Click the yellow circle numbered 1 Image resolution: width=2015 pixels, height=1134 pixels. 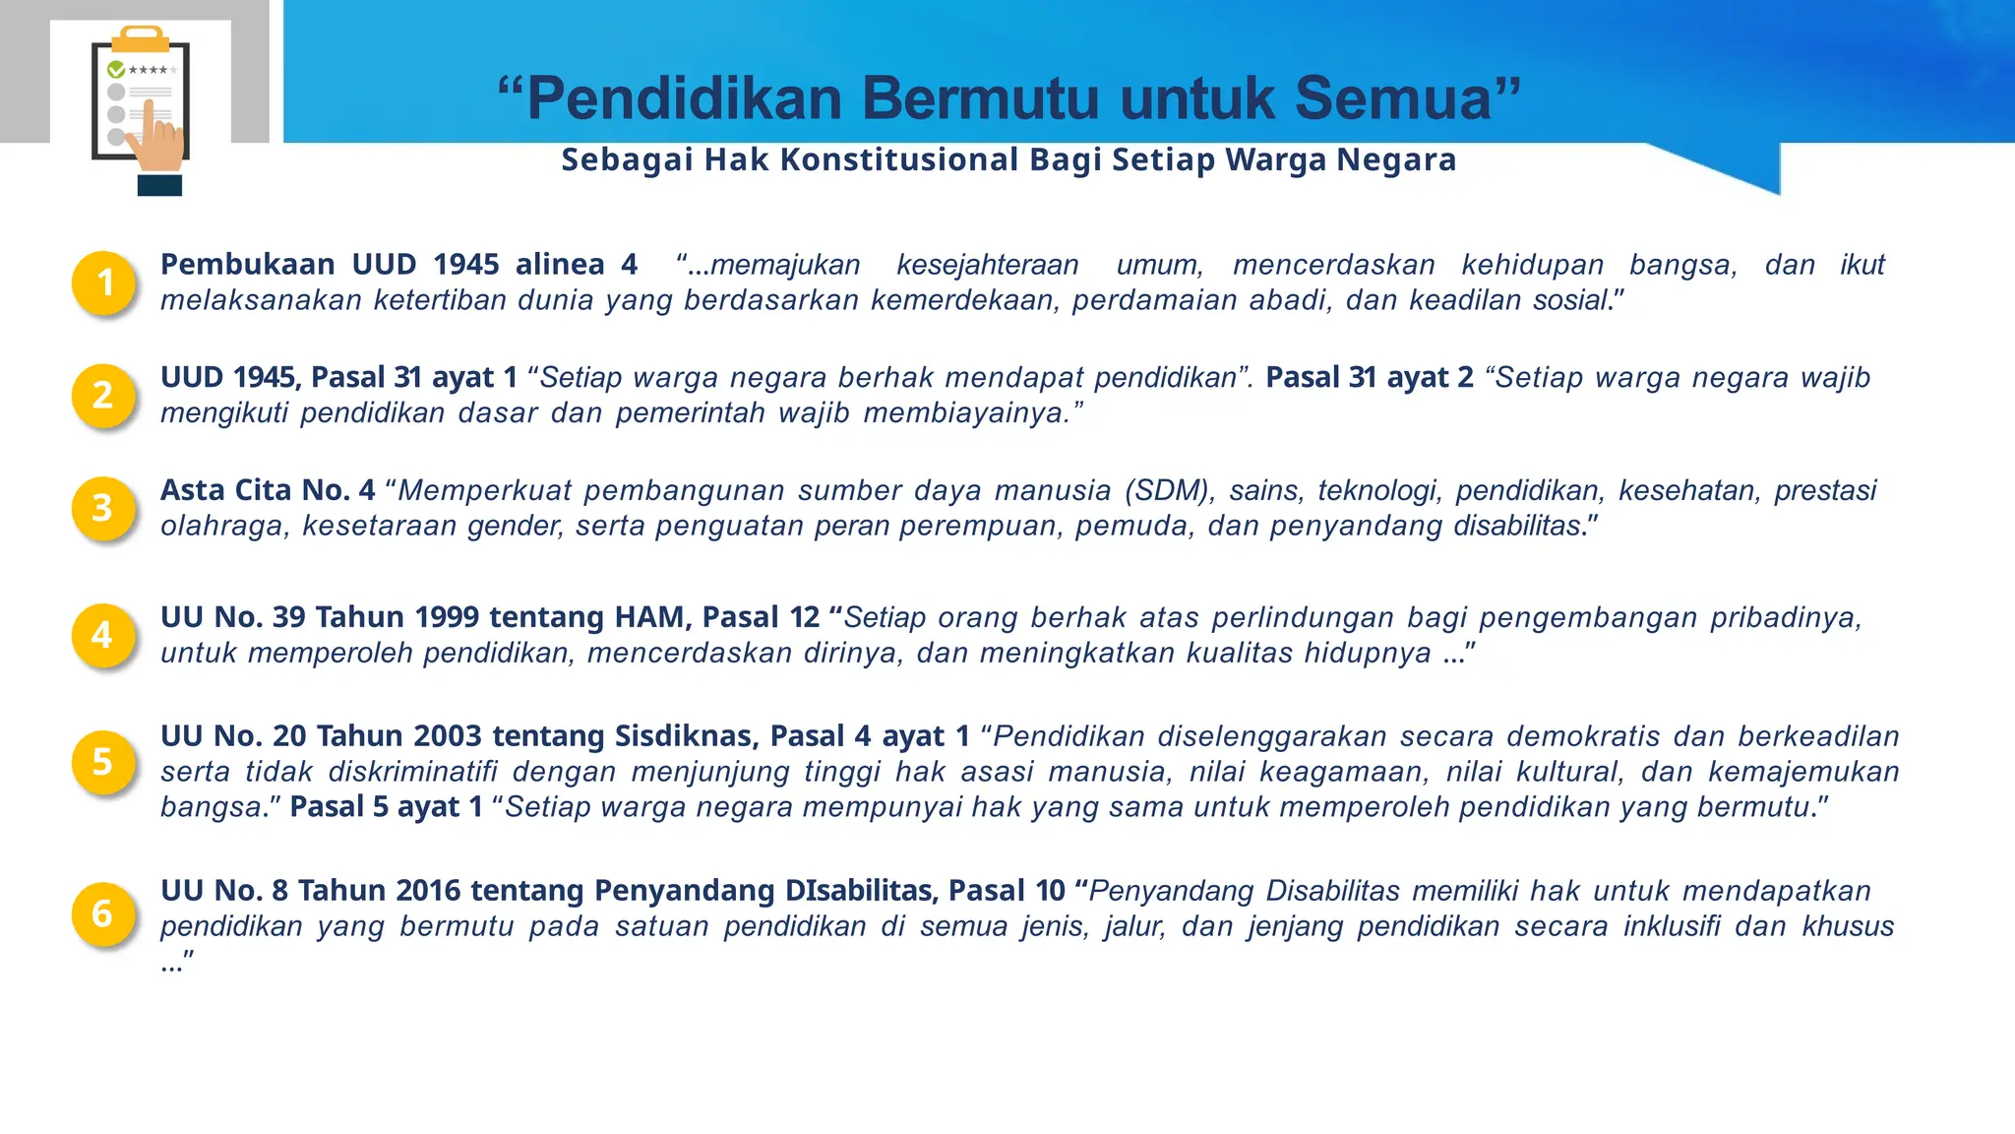click(103, 283)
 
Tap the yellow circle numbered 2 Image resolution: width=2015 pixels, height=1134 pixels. click(103, 395)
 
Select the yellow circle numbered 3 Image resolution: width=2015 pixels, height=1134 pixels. click(103, 508)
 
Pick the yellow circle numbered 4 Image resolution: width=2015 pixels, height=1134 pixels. click(103, 635)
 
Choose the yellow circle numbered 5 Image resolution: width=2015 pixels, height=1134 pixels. click(103, 761)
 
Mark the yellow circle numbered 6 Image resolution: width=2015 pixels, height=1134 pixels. click(103, 913)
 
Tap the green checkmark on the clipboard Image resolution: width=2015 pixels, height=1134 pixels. click(116, 70)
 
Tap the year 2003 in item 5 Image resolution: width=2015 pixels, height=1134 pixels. click(448, 735)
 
